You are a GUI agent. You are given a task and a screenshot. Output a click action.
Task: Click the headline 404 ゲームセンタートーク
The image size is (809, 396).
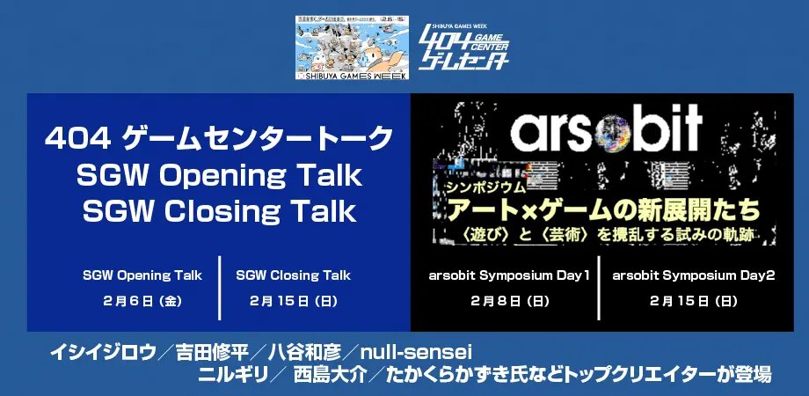[x=219, y=138]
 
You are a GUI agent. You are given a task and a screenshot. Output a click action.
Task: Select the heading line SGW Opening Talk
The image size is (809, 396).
[x=219, y=175]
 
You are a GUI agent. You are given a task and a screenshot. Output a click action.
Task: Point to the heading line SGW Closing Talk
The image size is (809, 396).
[x=219, y=211]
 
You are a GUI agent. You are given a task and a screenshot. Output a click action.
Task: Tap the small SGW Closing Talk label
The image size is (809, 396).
[x=293, y=275]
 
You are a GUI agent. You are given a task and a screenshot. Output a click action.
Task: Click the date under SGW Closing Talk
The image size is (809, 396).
[x=293, y=301]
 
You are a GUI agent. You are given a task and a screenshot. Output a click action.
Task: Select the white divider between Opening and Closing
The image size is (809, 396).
[x=219, y=288]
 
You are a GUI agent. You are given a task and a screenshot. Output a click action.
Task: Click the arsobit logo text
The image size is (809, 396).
[x=607, y=129]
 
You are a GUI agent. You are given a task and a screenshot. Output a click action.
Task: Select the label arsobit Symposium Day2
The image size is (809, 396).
[x=694, y=275]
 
